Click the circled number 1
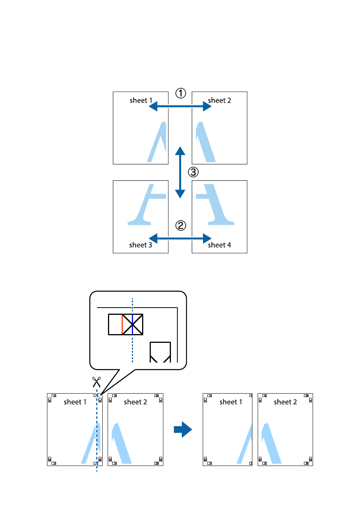[181, 93]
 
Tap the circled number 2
[181, 226]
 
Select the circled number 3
[193, 172]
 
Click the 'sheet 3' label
[141, 245]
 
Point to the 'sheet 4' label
[219, 245]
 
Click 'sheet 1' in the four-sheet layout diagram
[141, 100]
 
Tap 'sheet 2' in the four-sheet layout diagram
[219, 100]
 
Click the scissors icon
[97, 381]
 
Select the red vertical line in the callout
[122, 324]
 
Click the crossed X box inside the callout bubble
[133, 324]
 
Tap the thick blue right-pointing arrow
[183, 430]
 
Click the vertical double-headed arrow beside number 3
[180, 172]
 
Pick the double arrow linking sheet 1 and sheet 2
[180, 107]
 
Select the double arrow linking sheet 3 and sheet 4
[180, 239]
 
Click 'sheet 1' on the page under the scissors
[75, 402]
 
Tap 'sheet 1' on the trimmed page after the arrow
[231, 402]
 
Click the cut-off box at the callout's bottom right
[160, 352]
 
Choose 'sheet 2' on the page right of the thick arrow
[285, 402]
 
